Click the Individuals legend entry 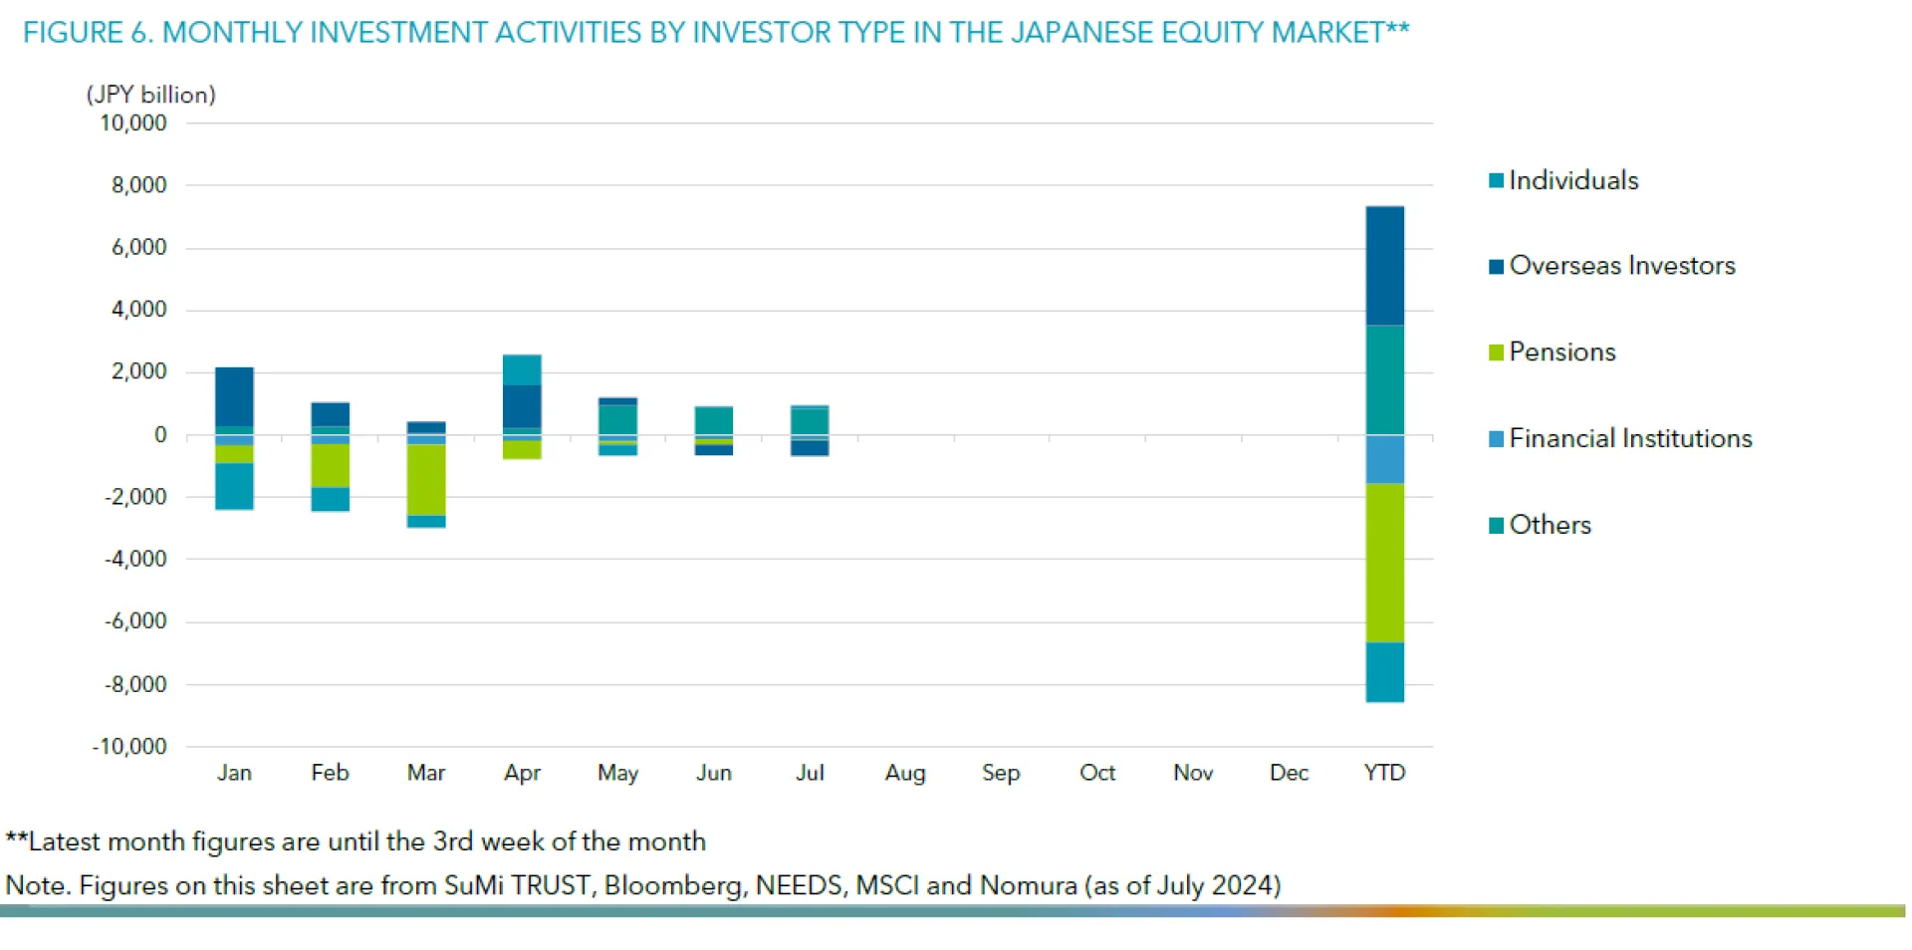click(x=1572, y=180)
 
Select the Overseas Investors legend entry click(x=1621, y=266)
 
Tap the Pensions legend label click(x=1561, y=353)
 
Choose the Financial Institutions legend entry click(x=1629, y=438)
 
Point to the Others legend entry click(x=1550, y=525)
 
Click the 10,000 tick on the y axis click(x=133, y=123)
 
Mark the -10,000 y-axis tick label click(x=129, y=747)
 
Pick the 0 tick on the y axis click(x=160, y=435)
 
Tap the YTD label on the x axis click(x=1384, y=773)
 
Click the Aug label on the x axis click(x=905, y=773)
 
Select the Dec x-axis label click(x=1289, y=773)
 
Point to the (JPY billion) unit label click(x=151, y=95)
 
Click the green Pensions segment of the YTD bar click(x=1384, y=563)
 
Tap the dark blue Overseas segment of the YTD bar click(x=1384, y=266)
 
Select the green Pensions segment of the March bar click(x=426, y=480)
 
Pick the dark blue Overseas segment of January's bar click(x=234, y=397)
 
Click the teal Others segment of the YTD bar click(x=1384, y=380)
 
